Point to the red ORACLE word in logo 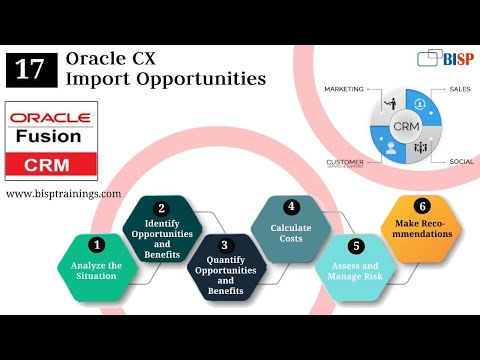(x=48, y=118)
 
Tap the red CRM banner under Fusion (x=48, y=162)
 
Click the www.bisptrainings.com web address (x=63, y=193)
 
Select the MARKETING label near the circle (x=342, y=89)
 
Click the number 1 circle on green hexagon (x=97, y=243)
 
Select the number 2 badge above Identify (x=162, y=208)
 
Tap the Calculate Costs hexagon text (x=291, y=232)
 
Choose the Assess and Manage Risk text (x=355, y=272)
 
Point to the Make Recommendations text (x=422, y=228)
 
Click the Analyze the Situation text (x=96, y=270)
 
